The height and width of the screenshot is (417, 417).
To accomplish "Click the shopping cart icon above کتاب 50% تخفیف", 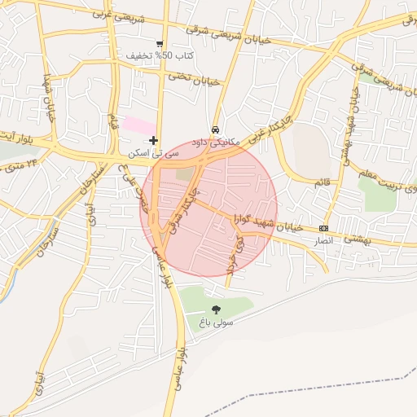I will point(160,44).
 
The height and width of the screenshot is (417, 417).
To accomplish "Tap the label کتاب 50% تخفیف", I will point(160,56).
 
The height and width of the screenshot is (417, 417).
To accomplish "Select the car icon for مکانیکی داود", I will point(215,129).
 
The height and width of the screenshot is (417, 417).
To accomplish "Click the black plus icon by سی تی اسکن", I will point(153,141).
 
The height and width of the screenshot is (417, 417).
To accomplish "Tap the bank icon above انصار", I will point(324,228).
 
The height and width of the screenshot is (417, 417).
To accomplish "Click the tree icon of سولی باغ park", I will point(216,309).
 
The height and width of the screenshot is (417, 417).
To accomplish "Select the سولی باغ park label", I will point(214,323).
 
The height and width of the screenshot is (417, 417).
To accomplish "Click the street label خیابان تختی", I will point(195,78).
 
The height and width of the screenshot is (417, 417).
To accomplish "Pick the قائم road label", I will point(322,184).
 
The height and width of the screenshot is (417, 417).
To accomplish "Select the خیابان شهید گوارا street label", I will point(269,222).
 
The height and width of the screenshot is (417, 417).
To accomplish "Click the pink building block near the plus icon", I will point(140,126).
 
